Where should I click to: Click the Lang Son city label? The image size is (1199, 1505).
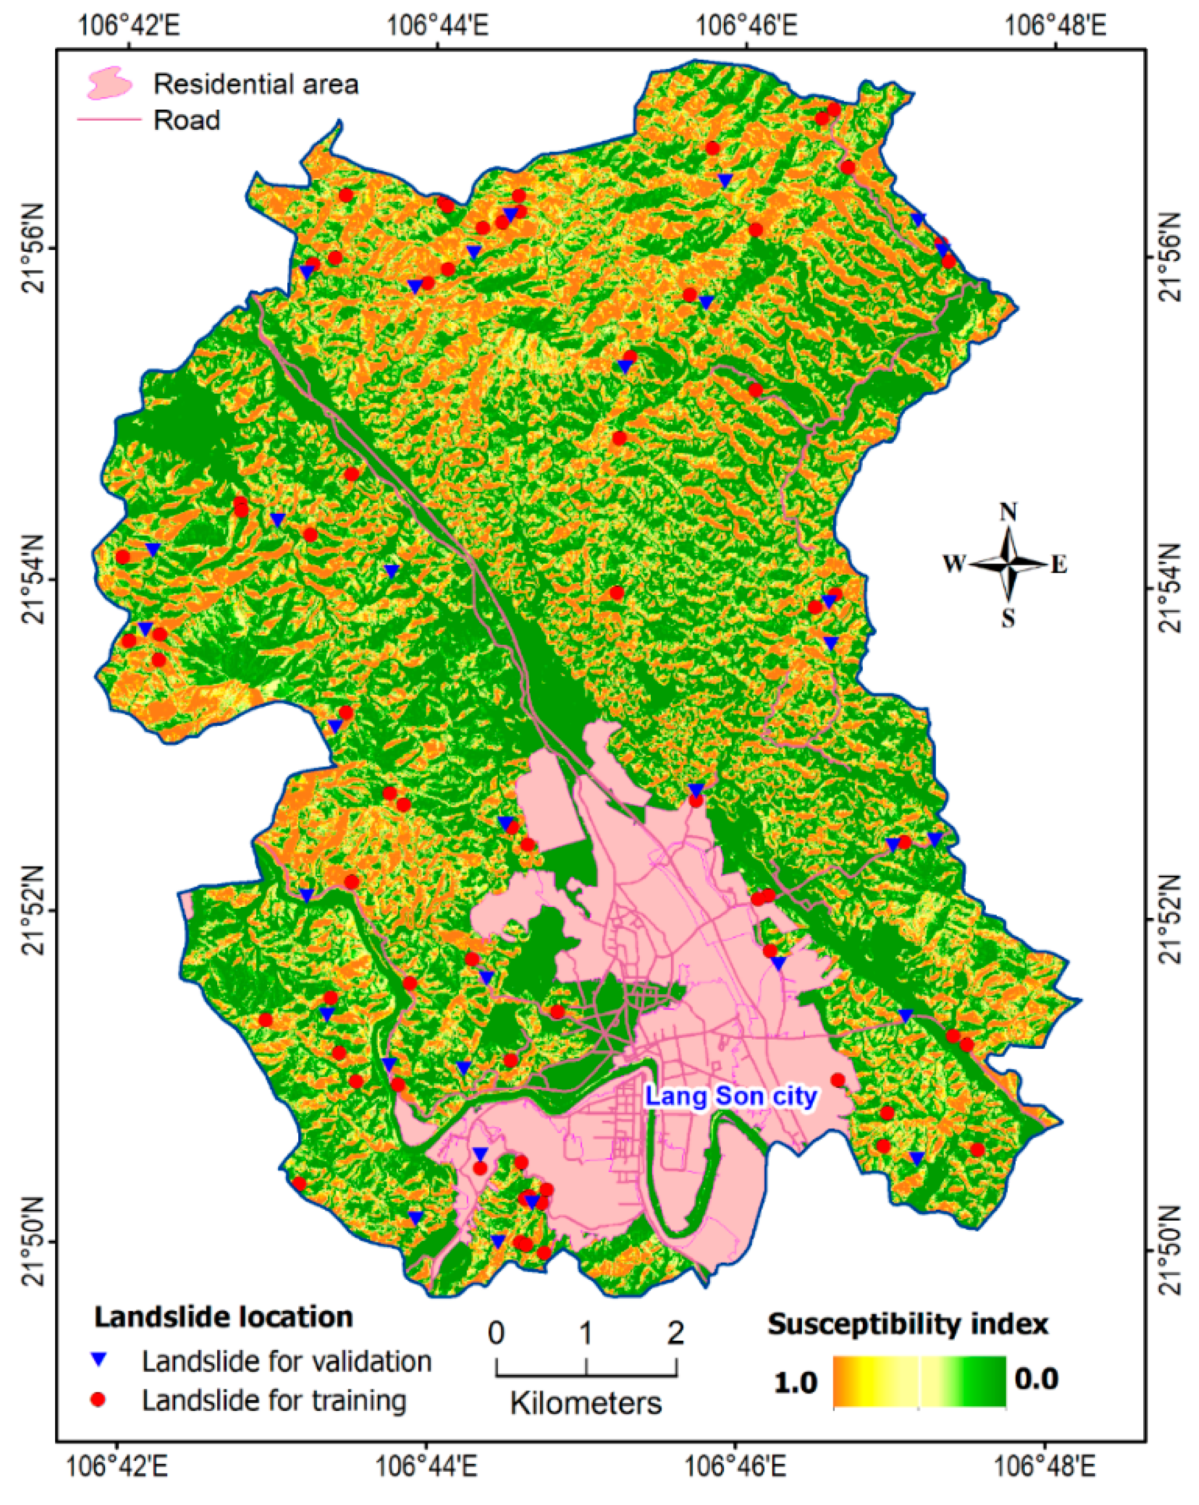(731, 1096)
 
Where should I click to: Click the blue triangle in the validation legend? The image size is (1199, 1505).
(99, 1359)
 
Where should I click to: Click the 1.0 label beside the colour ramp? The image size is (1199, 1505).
(796, 1383)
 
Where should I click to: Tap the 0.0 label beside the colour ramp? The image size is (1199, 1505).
(1036, 1378)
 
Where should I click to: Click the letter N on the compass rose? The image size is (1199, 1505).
(1008, 513)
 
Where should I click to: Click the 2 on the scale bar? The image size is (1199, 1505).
(675, 1333)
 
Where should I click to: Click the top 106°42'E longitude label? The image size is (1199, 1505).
(129, 26)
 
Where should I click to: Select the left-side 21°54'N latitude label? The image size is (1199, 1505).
(36, 579)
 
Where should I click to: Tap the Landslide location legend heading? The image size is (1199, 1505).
(224, 1317)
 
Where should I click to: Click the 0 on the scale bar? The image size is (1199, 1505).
(496, 1333)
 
